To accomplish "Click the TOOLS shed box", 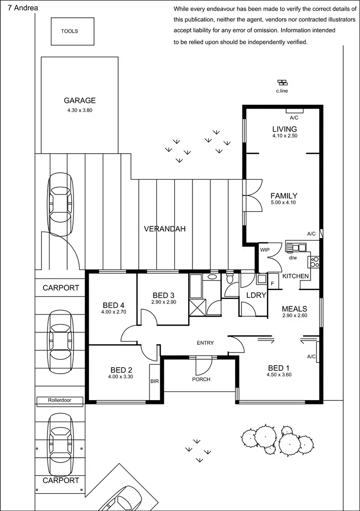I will click(x=69, y=31).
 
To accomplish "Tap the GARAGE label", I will click(x=80, y=100).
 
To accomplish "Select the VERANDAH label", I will click(x=165, y=229).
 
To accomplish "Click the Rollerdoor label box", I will click(x=60, y=400).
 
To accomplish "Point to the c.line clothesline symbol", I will click(x=282, y=83).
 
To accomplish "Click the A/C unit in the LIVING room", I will click(x=294, y=111).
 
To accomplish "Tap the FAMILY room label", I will click(x=284, y=196).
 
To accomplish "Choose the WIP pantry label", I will click(x=264, y=250).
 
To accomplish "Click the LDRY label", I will click(x=256, y=295).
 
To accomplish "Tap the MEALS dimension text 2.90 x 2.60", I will click(x=294, y=316).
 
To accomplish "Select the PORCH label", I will click(x=202, y=379).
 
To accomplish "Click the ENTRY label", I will click(x=205, y=342).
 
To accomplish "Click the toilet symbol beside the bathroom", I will click(x=229, y=278).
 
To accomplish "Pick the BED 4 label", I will click(x=114, y=305).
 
